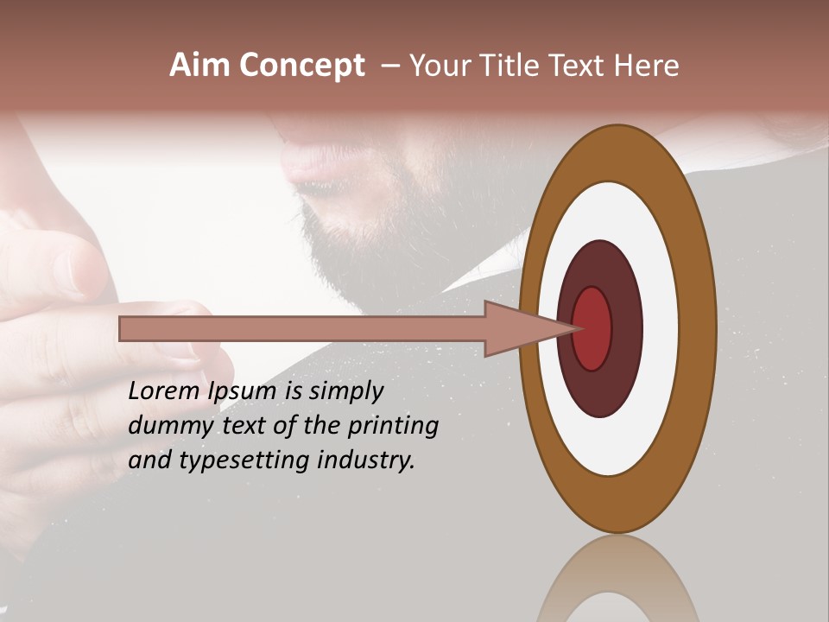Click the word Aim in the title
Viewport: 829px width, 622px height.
tap(199, 66)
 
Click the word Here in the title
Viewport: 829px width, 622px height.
tap(646, 66)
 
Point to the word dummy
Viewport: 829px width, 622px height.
tap(163, 426)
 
